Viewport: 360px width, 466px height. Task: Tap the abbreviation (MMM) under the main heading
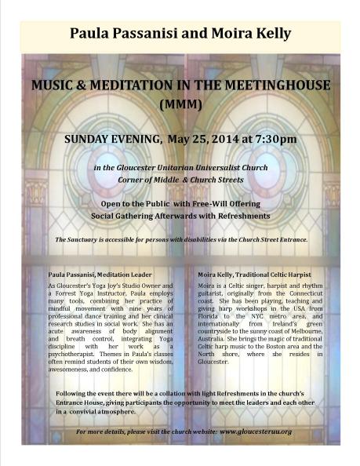pos(180,102)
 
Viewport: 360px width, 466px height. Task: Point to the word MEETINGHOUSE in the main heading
pos(249,84)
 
